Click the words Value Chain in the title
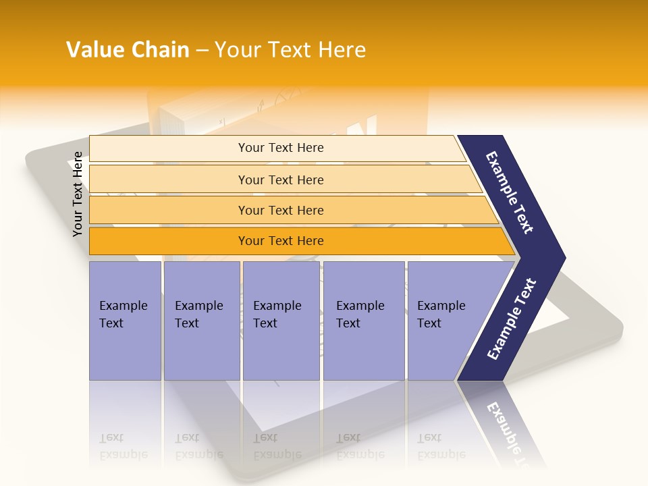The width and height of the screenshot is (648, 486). [x=128, y=50]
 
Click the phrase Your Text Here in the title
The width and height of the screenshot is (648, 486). [x=290, y=50]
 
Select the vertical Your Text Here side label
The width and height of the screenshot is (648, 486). [x=78, y=194]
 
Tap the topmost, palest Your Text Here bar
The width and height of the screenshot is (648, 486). [x=281, y=148]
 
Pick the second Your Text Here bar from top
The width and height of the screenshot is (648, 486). [x=281, y=180]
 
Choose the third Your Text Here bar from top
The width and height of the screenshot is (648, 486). [x=281, y=210]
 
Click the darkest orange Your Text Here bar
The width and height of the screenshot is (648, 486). [x=281, y=241]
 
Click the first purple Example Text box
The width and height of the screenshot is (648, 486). [x=125, y=320]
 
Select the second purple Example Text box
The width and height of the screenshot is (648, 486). [x=201, y=320]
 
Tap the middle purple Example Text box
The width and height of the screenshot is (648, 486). [x=281, y=320]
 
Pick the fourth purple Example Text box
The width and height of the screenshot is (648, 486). [x=363, y=320]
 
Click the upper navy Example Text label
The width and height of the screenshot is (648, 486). [x=510, y=192]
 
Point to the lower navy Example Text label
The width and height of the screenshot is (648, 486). [x=511, y=319]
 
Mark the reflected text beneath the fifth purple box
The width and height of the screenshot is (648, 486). [x=441, y=446]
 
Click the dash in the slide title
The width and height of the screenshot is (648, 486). [x=202, y=51]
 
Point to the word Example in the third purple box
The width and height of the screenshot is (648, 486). [x=277, y=306]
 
